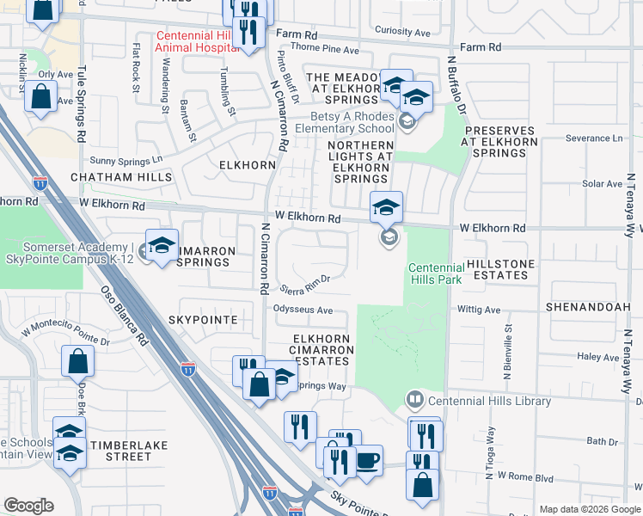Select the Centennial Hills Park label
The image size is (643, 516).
coord(435,273)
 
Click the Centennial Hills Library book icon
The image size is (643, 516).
coord(415,400)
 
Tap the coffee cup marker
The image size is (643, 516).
coord(368,460)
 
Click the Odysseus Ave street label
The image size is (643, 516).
coord(303,310)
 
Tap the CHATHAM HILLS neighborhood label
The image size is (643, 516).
coord(121,177)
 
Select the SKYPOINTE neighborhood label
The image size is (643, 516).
coord(207,320)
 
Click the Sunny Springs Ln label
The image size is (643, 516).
coord(126,160)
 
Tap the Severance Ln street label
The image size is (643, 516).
coord(594,138)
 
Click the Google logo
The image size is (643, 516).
coord(28,506)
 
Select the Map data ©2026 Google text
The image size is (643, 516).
coord(589,509)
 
